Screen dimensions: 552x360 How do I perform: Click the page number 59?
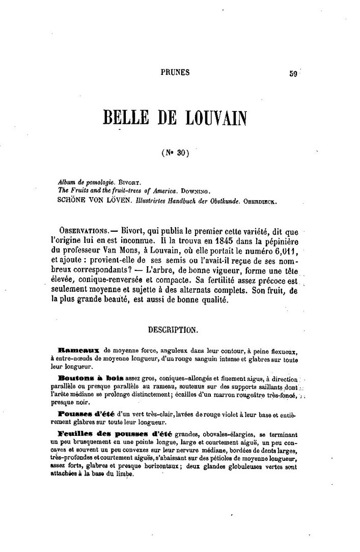pyautogui.click(x=293, y=73)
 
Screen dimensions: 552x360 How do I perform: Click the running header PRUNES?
pyautogui.click(x=175, y=72)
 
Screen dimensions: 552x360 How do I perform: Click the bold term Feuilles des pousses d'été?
pyautogui.click(x=115, y=434)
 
